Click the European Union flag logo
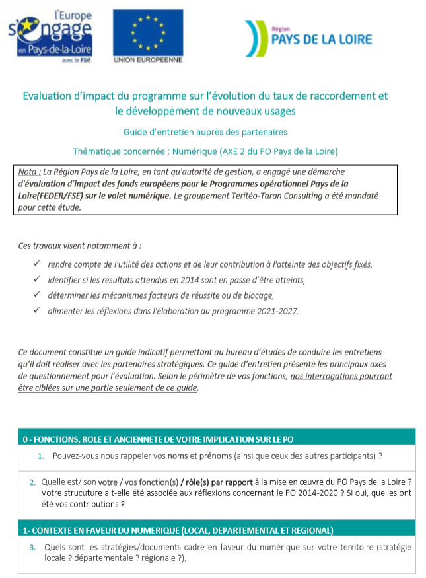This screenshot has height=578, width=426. click(147, 32)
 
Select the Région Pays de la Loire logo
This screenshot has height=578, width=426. click(308, 37)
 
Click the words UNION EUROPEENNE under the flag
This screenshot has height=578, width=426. click(147, 60)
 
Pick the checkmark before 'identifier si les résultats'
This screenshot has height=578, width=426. click(36, 279)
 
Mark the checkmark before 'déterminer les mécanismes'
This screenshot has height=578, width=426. click(36, 295)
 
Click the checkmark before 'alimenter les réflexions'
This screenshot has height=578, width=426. click(36, 310)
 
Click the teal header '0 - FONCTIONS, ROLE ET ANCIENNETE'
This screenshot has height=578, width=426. click(159, 439)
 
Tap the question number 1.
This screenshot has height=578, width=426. click(41, 456)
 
